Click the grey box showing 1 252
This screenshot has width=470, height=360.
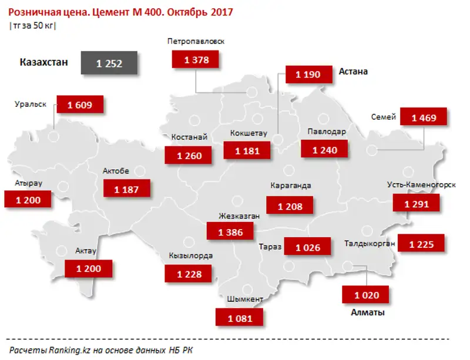click(x=109, y=63)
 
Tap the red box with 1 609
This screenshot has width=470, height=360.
click(x=80, y=105)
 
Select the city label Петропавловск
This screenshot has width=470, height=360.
click(x=196, y=42)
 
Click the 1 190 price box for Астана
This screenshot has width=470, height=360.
click(x=308, y=75)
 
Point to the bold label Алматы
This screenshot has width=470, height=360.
click(x=367, y=312)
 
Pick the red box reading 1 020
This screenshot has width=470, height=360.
click(x=367, y=295)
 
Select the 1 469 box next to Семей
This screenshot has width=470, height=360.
click(x=423, y=118)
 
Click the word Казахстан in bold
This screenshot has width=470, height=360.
click(x=44, y=62)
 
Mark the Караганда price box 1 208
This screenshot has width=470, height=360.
click(x=289, y=206)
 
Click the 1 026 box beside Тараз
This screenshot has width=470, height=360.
click(x=308, y=247)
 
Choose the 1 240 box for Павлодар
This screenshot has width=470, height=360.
click(x=325, y=150)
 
